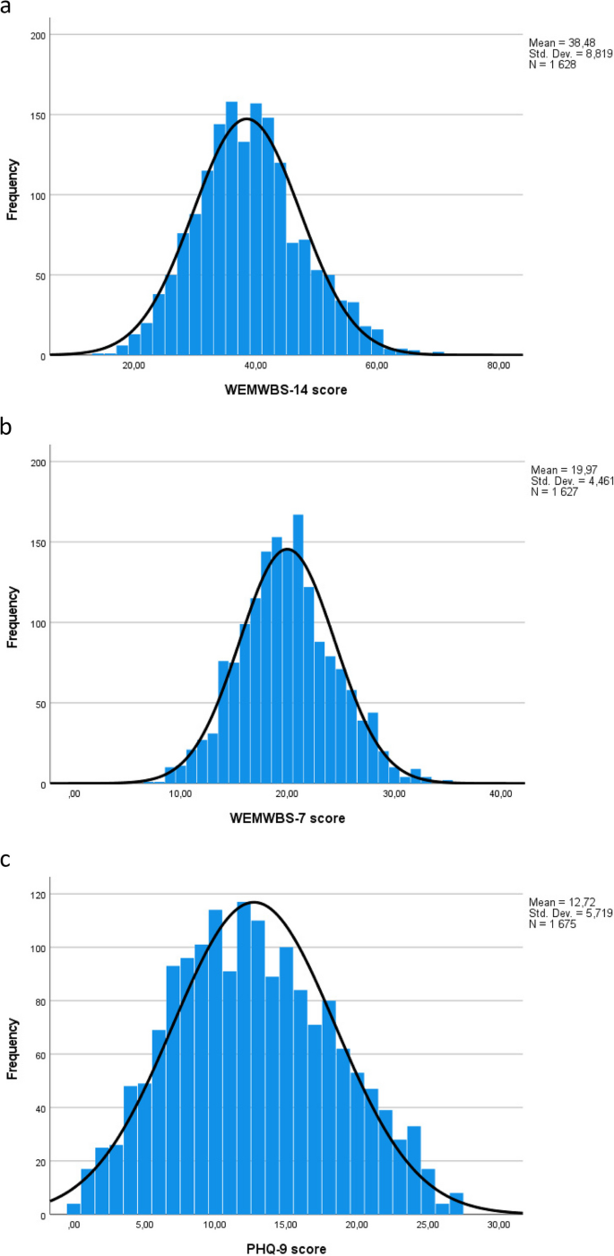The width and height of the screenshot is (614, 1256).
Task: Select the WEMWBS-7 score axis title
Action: [287, 819]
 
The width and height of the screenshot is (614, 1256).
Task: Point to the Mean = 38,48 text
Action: [559, 43]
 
